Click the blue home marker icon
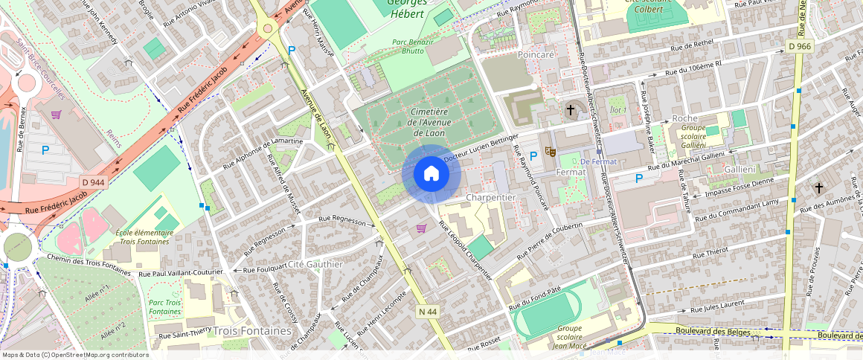click(x=431, y=174)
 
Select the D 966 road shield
click(x=800, y=46)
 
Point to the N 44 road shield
click(x=427, y=310)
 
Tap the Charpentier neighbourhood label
click(x=490, y=197)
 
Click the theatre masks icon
click(x=551, y=152)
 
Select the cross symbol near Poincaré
click(x=571, y=110)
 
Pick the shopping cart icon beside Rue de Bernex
click(x=56, y=115)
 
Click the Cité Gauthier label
click(x=318, y=264)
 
